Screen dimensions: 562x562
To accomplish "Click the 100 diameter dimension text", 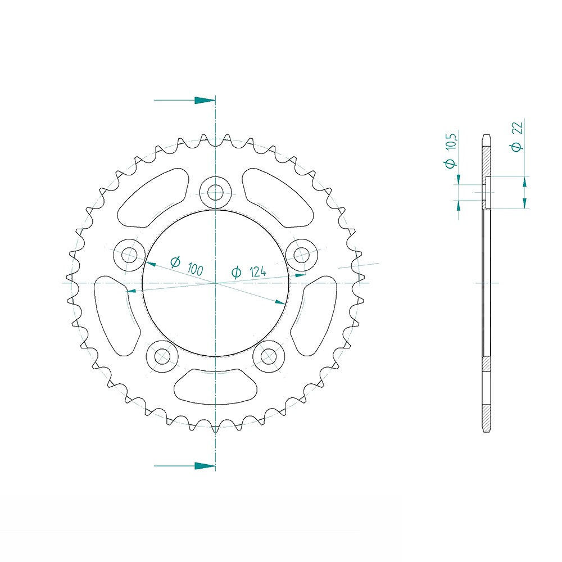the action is coord(187,266).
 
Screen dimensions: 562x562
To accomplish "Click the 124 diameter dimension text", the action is coord(249,272).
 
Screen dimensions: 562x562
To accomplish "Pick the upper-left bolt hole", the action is coord(129,255).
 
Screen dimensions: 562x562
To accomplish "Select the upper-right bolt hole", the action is coord(302,255).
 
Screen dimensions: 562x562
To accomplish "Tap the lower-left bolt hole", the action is coord(162,356).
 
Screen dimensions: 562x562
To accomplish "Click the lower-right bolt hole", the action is coord(269,356).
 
